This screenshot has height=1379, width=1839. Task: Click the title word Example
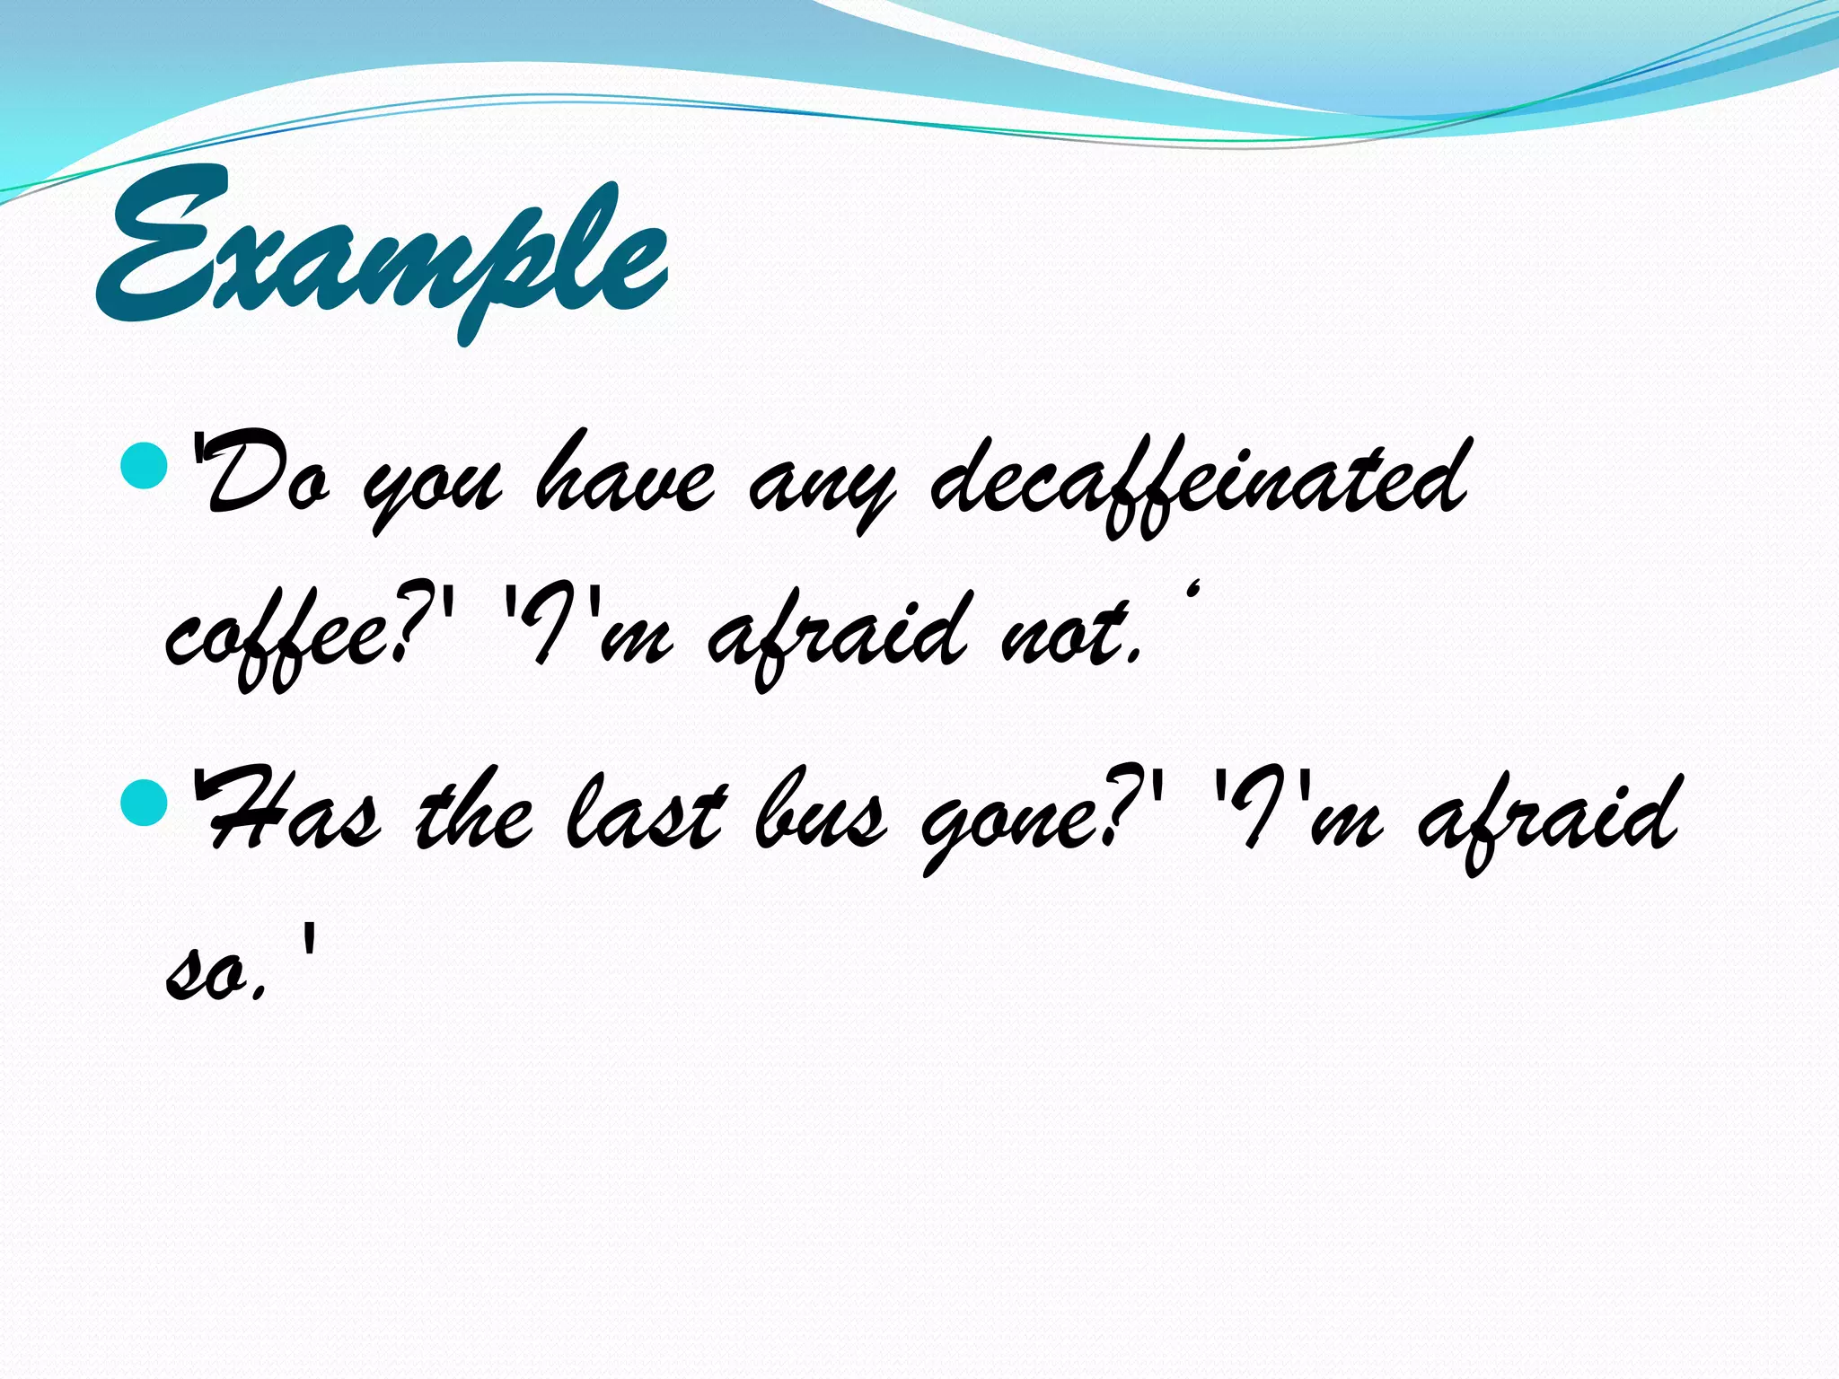click(x=382, y=251)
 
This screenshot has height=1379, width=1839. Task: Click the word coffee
click(x=278, y=637)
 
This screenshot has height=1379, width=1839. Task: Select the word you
click(x=431, y=489)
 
